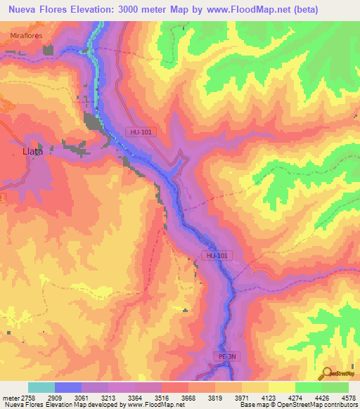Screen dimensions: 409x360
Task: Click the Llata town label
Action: [x=33, y=151]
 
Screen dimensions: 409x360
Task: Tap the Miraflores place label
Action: [x=27, y=34]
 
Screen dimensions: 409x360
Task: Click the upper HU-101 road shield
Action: [x=140, y=131]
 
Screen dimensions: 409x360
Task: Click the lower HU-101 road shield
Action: [x=217, y=257]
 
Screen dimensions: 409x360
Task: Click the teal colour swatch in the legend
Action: [x=41, y=388]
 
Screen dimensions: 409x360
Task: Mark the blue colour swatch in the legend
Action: [x=68, y=388]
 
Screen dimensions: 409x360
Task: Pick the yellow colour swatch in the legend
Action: [x=255, y=388]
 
